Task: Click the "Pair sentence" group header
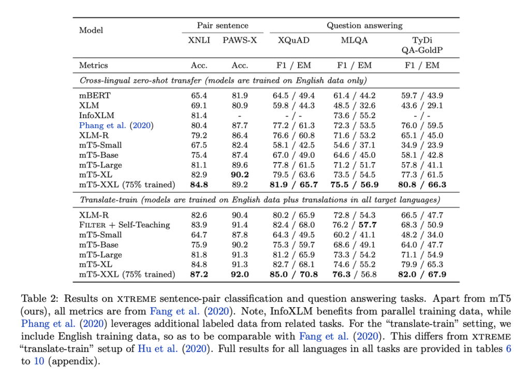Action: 223,25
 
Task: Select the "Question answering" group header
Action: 364,25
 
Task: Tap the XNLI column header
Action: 199,41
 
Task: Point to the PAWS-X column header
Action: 240,41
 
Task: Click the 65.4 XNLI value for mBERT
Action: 199,95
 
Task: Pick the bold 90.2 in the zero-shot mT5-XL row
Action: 240,175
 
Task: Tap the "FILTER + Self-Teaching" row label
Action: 124,225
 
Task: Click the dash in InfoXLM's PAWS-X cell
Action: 240,115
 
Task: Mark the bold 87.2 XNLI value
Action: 199,274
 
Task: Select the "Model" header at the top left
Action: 91,30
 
